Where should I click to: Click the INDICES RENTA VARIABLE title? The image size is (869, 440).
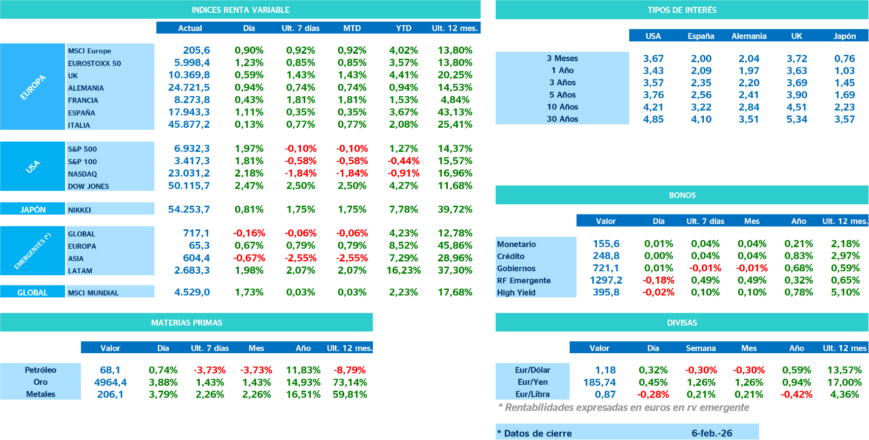pos(240,10)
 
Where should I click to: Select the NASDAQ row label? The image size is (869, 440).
pos(82,174)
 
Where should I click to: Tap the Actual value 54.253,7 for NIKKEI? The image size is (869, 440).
pos(189,209)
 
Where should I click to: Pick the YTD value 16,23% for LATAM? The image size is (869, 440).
pos(403,270)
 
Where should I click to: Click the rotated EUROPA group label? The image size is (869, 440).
pos(33,87)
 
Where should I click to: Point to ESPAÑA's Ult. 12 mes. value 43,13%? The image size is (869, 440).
pos(455,112)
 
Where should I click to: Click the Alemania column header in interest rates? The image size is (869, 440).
pos(749,36)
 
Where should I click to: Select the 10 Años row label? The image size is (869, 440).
pos(562,107)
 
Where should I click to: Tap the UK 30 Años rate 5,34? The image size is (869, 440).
pos(797,119)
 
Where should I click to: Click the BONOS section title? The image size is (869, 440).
pos(682,195)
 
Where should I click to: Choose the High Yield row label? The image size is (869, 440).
pos(516,293)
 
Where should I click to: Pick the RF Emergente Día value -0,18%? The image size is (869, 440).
pos(658,280)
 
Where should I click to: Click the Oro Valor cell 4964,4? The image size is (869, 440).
pos(110,382)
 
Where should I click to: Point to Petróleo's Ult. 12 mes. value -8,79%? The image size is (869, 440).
pos(350,370)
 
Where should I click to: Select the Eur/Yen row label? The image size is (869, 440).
pos(533,382)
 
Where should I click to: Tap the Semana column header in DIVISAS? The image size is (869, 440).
pos(700,348)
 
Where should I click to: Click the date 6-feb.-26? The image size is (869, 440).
pos(712,433)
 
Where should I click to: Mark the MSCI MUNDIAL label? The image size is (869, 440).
pos(93,293)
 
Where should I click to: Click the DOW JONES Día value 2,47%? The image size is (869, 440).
pos(249,186)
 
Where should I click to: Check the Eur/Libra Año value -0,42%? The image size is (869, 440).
pos(797,394)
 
